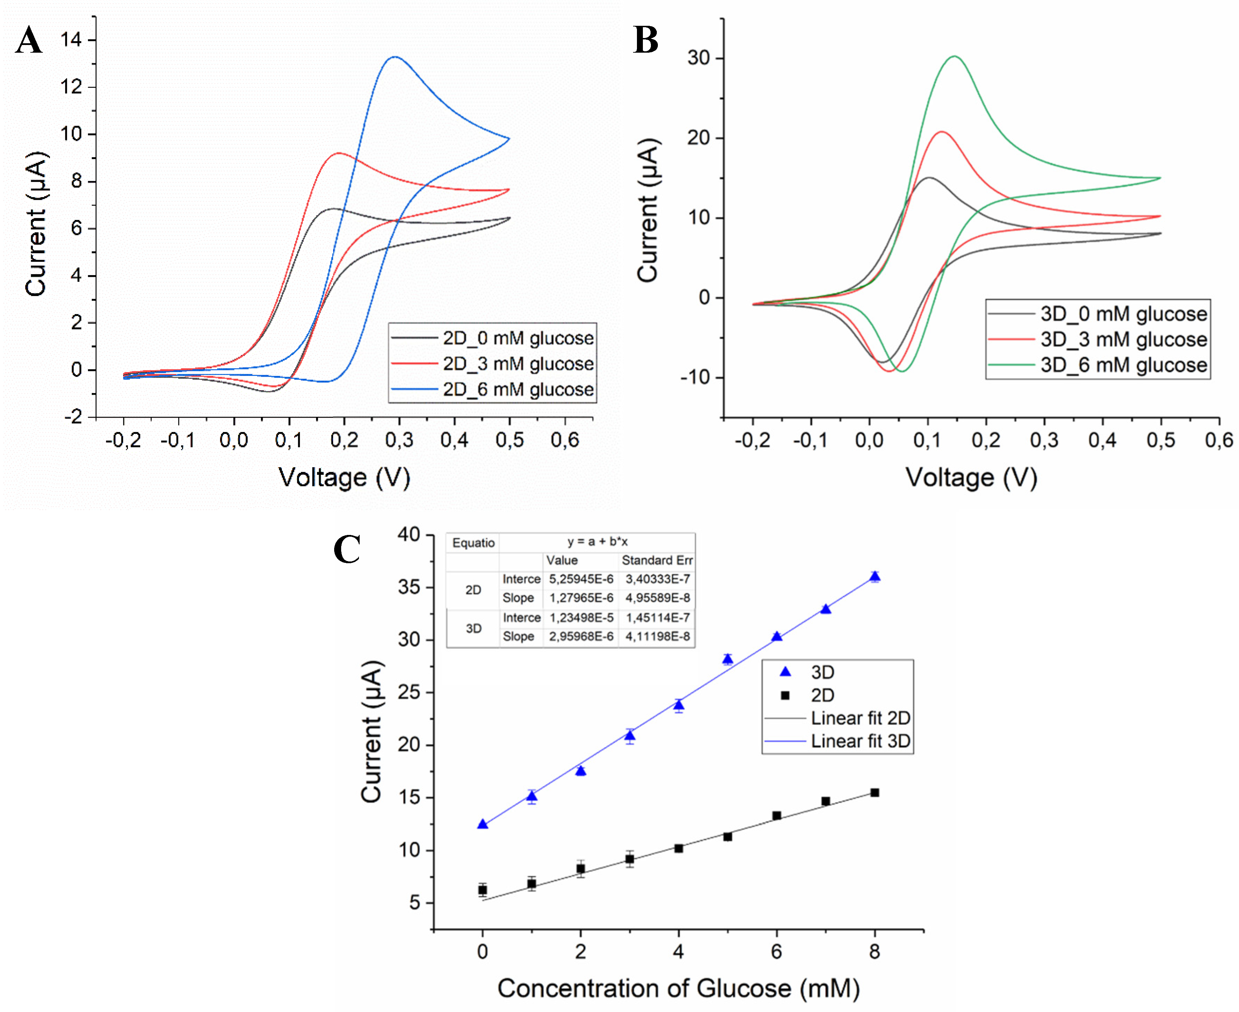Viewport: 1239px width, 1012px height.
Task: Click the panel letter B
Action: (x=645, y=41)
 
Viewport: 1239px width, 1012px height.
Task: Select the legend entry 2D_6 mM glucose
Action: (x=518, y=389)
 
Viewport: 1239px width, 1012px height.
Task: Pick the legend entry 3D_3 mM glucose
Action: (x=1123, y=339)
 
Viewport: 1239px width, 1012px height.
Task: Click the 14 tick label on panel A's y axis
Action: (x=71, y=40)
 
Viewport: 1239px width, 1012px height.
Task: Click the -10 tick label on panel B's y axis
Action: (x=694, y=378)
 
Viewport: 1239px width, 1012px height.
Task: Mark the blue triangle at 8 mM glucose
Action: (x=874, y=576)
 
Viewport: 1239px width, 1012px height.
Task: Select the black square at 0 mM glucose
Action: (x=482, y=890)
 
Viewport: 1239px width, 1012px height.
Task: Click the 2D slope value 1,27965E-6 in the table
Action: (x=581, y=597)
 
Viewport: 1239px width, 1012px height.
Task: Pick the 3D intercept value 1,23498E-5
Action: (x=581, y=617)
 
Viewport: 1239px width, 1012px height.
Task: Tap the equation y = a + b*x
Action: (x=597, y=542)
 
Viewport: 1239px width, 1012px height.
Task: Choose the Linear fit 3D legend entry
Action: (x=860, y=741)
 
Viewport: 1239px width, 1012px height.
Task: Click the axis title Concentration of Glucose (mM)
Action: (x=678, y=988)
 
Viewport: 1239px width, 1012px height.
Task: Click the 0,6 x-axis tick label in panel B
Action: (x=1218, y=440)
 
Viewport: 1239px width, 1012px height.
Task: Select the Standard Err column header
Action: (x=656, y=560)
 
